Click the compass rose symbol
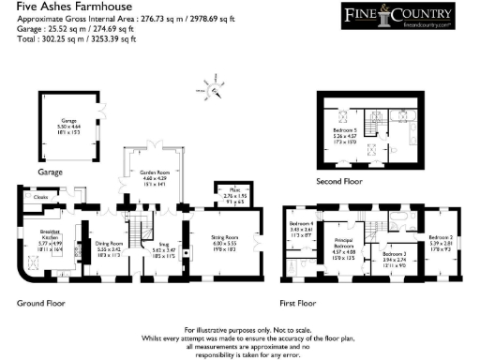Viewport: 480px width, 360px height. (215, 91)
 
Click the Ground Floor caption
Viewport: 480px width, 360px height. (41, 303)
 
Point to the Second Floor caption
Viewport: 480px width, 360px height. (343, 182)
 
